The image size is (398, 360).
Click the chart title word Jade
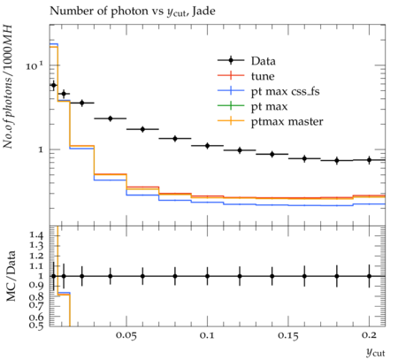click(x=203, y=11)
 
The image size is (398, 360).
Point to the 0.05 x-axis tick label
click(x=126, y=335)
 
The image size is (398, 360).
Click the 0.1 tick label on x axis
click(x=207, y=335)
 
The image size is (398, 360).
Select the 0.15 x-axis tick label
click(x=288, y=335)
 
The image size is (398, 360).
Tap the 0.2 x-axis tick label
click(x=369, y=335)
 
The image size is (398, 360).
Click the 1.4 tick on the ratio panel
click(x=36, y=235)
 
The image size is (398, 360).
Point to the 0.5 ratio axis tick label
click(x=36, y=326)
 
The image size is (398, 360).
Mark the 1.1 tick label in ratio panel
click(x=36, y=266)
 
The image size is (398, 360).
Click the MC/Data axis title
click(x=11, y=276)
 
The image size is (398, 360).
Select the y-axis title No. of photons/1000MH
click(x=8, y=87)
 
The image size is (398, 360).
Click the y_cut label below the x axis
click(x=375, y=352)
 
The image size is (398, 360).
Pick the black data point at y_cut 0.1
click(x=207, y=146)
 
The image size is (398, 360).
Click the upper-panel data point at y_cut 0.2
click(x=369, y=160)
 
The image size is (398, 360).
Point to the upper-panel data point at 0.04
click(x=111, y=119)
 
